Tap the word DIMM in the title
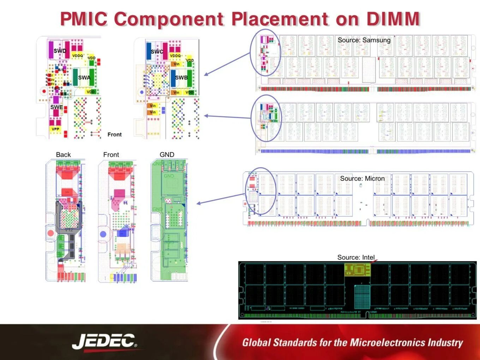tap(393, 19)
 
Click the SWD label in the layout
tap(60, 51)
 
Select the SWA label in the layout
tap(84, 78)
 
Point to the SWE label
tap(56, 107)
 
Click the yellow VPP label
tap(55, 129)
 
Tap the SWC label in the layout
tap(157, 52)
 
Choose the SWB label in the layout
tap(181, 78)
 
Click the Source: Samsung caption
tap(364, 40)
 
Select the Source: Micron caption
tap(362, 178)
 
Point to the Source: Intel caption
tap(356, 257)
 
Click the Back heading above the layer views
tap(63, 155)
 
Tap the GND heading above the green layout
tap(167, 155)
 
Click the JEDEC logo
tap(104, 342)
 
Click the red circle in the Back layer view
tap(50, 233)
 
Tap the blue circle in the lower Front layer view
tap(103, 234)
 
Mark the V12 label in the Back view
tap(69, 230)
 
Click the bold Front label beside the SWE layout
tap(114, 135)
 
